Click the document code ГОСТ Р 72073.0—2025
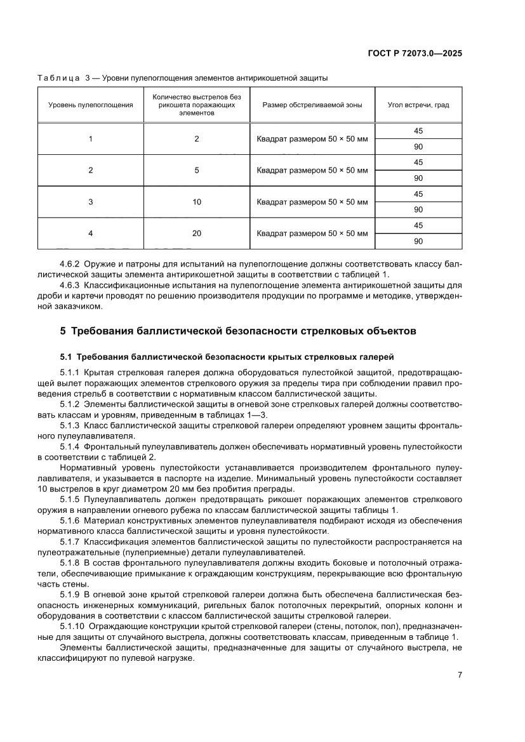tap(414, 54)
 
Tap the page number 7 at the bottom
tap(459, 675)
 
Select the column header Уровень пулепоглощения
tap(91, 105)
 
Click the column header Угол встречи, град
tap(418, 105)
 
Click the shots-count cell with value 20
tap(197, 234)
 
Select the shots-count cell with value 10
tap(197, 202)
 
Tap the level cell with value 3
tap(91, 202)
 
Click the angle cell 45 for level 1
tap(418, 131)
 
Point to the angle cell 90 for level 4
tap(418, 241)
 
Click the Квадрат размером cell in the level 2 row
tap(312, 170)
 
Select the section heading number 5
tap(62, 331)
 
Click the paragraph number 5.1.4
tap(69, 447)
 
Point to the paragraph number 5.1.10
tap(72, 626)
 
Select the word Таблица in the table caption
tap(59, 78)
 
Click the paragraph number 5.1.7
tap(69, 541)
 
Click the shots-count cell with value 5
tap(197, 170)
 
